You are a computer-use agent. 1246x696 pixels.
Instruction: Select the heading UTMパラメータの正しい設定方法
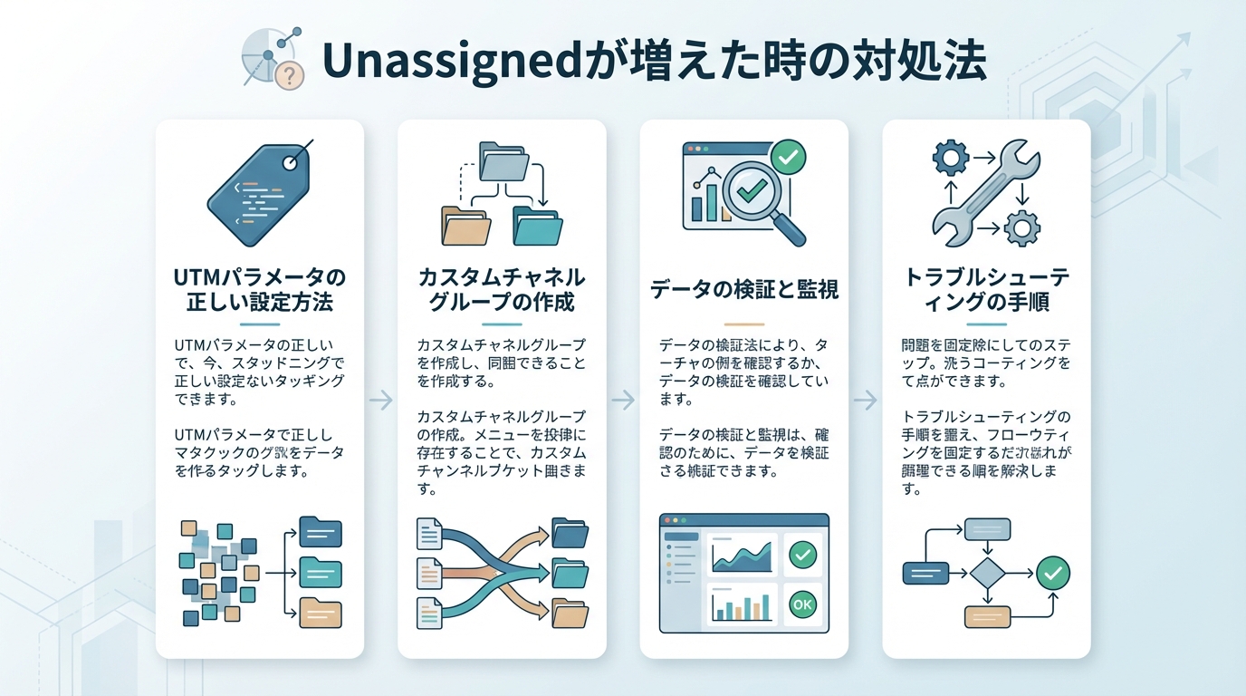(x=259, y=289)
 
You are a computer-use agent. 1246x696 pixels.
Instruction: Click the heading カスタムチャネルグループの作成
(x=502, y=289)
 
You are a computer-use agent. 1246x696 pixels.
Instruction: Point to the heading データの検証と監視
(x=744, y=290)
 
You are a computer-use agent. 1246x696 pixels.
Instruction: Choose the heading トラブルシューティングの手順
(x=986, y=289)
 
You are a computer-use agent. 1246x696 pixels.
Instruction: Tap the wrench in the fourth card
(x=986, y=192)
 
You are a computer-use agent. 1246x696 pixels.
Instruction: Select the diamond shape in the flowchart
(x=987, y=573)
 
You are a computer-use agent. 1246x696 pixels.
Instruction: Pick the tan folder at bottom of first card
(x=320, y=614)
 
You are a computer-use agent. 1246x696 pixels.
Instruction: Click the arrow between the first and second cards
(x=381, y=400)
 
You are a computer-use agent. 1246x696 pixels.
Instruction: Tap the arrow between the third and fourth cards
(x=866, y=400)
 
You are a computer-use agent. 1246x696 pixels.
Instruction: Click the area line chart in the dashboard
(x=742, y=554)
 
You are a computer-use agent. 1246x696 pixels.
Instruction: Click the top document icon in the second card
(x=428, y=534)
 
